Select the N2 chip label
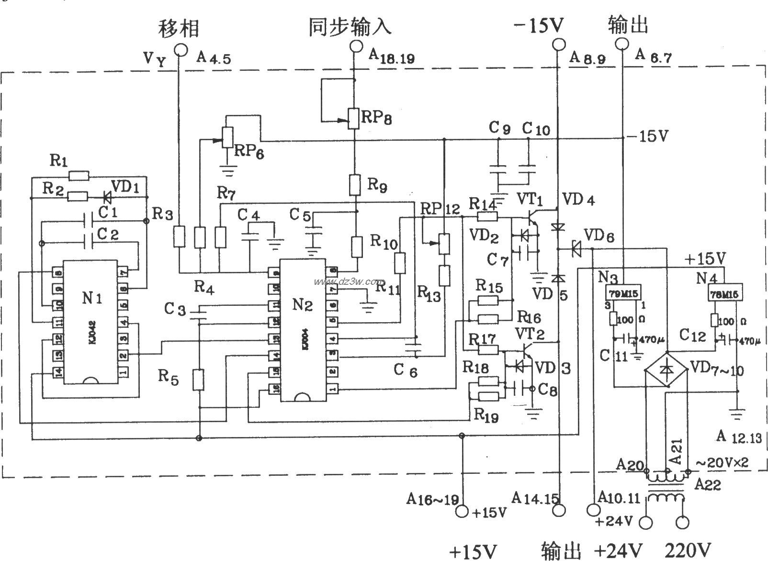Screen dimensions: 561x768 pyautogui.click(x=302, y=304)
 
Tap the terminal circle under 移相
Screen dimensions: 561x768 pyautogui.click(x=180, y=49)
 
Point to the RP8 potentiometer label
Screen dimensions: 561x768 pyautogui.click(x=376, y=118)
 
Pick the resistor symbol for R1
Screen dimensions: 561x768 pyautogui.click(x=79, y=176)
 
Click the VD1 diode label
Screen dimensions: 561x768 pyautogui.click(x=125, y=186)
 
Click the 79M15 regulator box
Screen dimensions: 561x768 pyautogui.click(x=624, y=292)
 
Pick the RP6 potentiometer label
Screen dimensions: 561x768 pyautogui.click(x=249, y=152)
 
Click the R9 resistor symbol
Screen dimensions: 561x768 pyautogui.click(x=354, y=185)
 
